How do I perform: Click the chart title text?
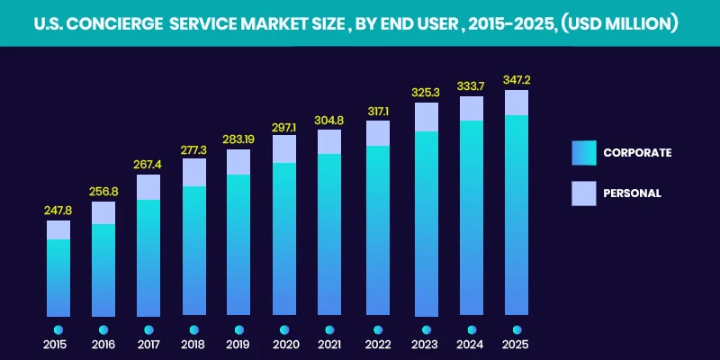click(360, 23)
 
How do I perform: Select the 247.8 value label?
click(58, 211)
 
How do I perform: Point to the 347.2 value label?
click(516, 80)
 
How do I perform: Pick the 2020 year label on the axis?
click(284, 346)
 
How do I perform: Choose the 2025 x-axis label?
click(516, 346)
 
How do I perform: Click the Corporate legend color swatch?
click(583, 153)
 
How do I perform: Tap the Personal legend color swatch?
click(583, 193)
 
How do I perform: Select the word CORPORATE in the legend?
click(637, 153)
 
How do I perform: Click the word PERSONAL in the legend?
click(632, 193)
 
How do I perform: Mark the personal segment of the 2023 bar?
click(426, 117)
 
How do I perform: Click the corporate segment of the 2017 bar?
click(148, 257)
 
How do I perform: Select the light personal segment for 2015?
click(58, 229)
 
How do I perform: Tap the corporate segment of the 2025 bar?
click(516, 216)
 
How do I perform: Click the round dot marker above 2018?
click(193, 329)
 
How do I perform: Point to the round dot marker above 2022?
click(378, 329)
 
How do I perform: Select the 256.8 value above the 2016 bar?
click(103, 192)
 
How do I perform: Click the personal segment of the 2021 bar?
click(330, 141)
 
